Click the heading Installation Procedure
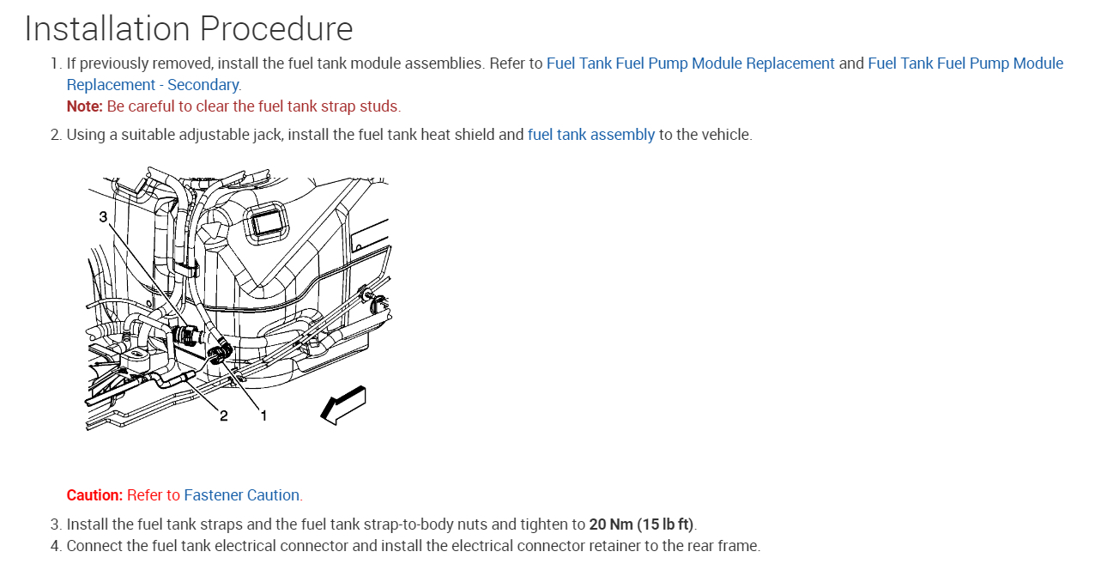(x=189, y=29)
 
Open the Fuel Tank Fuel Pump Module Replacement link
(x=690, y=64)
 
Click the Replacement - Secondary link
(x=153, y=85)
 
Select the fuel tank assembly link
(x=590, y=135)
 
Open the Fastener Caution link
(x=241, y=495)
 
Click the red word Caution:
(x=94, y=495)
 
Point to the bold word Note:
(x=84, y=106)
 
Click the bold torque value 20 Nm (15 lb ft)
(x=641, y=524)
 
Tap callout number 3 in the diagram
(x=103, y=217)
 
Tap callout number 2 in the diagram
(x=224, y=415)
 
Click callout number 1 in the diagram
(x=263, y=415)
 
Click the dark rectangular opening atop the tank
(x=268, y=222)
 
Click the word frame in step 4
(x=739, y=546)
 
